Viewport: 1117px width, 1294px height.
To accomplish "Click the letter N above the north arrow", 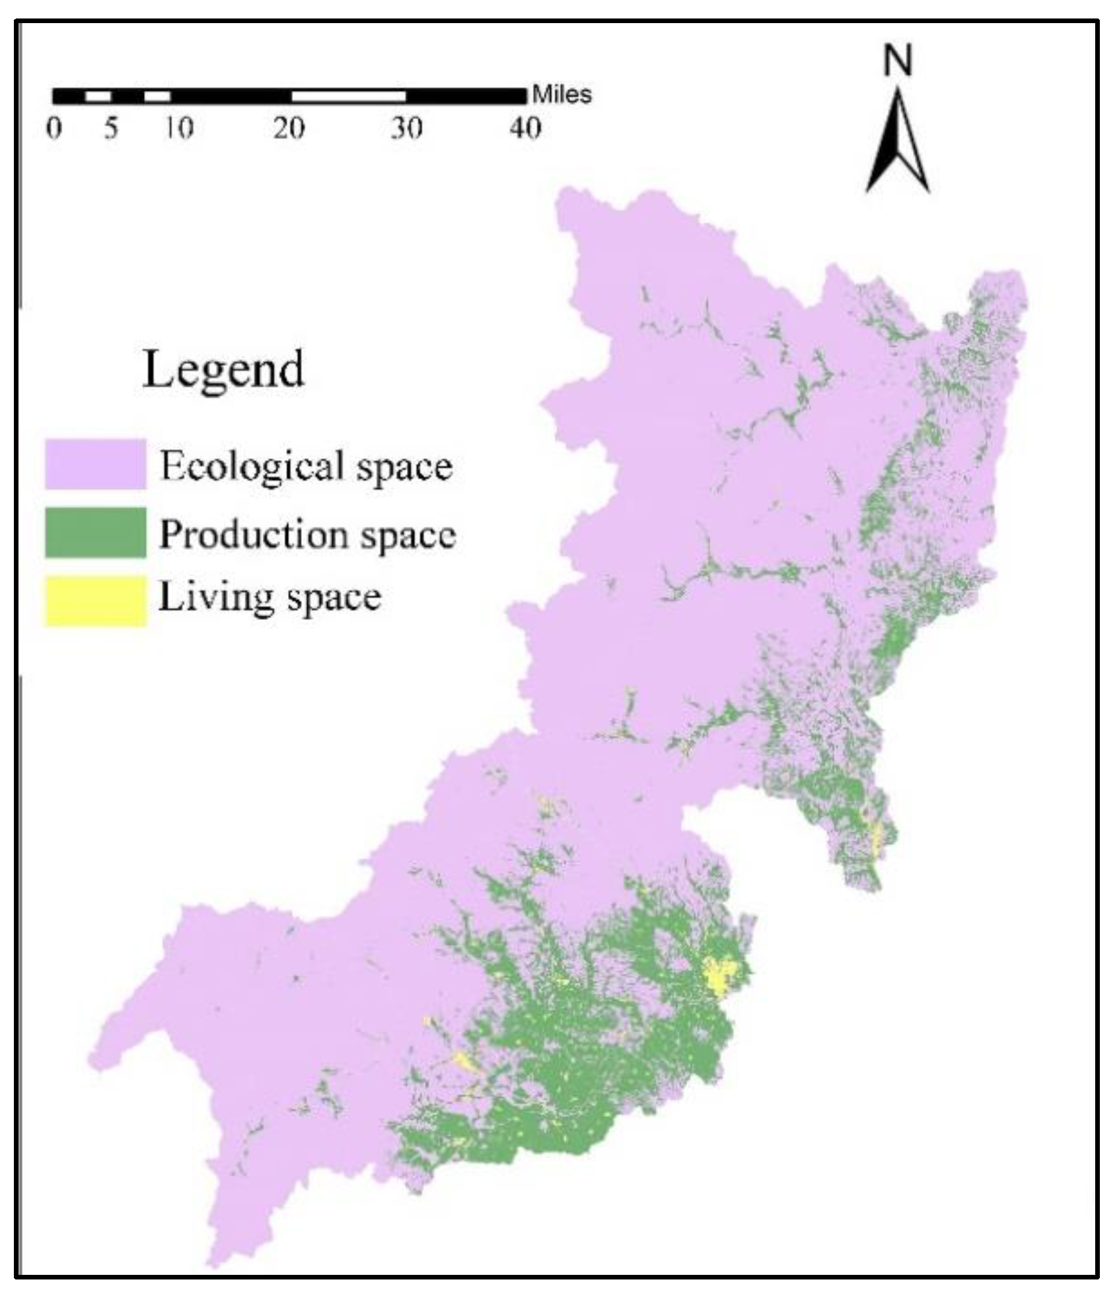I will pyautogui.click(x=898, y=61).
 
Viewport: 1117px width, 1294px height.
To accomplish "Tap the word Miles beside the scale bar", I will pyautogui.click(x=562, y=95).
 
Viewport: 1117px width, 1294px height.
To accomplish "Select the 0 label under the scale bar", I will pyautogui.click(x=54, y=128).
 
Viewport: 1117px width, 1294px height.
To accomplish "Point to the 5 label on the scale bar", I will pyautogui.click(x=111, y=128).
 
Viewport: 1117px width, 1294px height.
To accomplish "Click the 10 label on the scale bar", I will pyautogui.click(x=179, y=128).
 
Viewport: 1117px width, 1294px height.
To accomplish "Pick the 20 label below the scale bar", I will pyautogui.click(x=289, y=128).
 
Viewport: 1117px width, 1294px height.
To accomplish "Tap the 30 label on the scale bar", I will pyautogui.click(x=406, y=128).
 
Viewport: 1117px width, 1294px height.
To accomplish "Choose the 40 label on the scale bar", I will pyautogui.click(x=525, y=128).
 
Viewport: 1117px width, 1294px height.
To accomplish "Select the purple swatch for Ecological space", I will pyautogui.click(x=96, y=464).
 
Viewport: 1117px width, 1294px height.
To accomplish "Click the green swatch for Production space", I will pyautogui.click(x=96, y=532).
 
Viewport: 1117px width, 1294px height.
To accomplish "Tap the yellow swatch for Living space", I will pyautogui.click(x=96, y=599).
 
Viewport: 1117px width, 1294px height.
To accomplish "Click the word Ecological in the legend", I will pyautogui.click(x=251, y=467).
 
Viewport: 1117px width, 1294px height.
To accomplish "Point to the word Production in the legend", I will pyautogui.click(x=254, y=534).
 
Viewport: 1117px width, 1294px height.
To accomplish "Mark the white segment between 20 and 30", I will pyautogui.click(x=348, y=96).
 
